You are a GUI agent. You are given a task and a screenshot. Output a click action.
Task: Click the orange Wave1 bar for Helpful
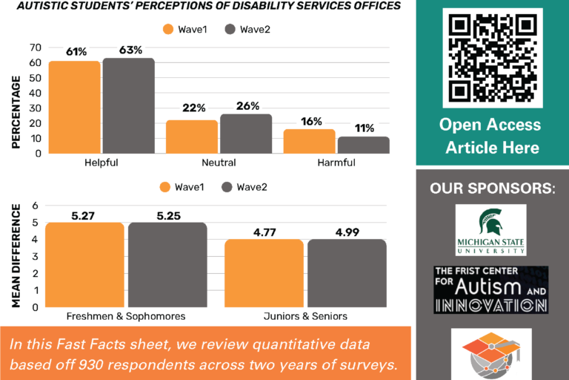(74, 107)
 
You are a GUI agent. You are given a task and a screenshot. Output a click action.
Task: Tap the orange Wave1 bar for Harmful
(309, 141)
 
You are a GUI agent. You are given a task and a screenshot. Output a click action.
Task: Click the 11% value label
(363, 128)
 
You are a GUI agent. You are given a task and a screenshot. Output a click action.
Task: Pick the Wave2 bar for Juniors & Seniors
(347, 272)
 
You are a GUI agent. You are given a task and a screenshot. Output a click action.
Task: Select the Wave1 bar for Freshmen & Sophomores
(84, 264)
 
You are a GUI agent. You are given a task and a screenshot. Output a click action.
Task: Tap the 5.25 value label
(167, 214)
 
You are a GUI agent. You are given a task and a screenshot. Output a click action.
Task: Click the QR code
(493, 58)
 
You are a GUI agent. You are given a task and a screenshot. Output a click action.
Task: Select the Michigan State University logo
(490, 230)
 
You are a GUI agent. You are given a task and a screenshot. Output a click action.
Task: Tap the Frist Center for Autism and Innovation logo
(491, 289)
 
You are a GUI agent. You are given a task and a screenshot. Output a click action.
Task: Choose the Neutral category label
(219, 163)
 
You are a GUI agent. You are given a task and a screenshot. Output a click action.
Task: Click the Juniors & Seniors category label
(306, 316)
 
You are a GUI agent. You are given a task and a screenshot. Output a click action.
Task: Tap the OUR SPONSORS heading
(492, 189)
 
